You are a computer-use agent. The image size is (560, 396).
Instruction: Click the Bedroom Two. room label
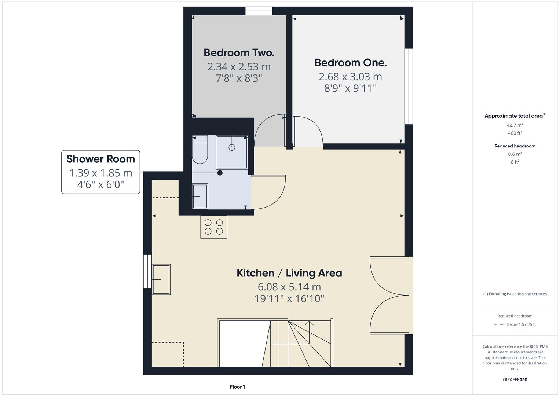click(x=239, y=53)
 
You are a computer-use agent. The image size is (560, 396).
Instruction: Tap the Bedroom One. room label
click(x=350, y=63)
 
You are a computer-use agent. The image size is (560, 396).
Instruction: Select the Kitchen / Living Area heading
click(x=289, y=273)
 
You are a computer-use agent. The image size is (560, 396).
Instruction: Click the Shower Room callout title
click(x=100, y=159)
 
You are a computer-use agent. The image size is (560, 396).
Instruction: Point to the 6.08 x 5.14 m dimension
click(x=289, y=287)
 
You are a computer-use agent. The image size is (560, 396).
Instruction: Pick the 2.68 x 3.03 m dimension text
click(x=350, y=77)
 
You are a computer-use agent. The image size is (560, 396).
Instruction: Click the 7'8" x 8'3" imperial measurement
click(x=239, y=78)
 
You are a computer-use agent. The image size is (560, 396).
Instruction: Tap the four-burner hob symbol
click(x=214, y=227)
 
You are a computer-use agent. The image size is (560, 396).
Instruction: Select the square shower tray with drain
click(x=232, y=152)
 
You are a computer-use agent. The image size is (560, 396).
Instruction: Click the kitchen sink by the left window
click(x=161, y=279)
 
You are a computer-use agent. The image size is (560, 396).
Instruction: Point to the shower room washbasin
click(x=200, y=197)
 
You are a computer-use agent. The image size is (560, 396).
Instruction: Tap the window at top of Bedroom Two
click(x=259, y=11)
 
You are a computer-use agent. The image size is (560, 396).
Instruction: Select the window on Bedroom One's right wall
click(x=409, y=87)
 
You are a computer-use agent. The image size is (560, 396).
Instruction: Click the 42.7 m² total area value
click(x=515, y=125)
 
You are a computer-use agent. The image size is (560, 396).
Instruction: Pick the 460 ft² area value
click(x=515, y=133)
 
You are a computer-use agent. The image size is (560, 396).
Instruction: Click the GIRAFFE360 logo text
click(x=515, y=379)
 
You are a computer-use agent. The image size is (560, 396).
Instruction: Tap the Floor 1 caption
click(x=237, y=387)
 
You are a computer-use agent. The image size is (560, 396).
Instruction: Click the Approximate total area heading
click(x=514, y=116)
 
